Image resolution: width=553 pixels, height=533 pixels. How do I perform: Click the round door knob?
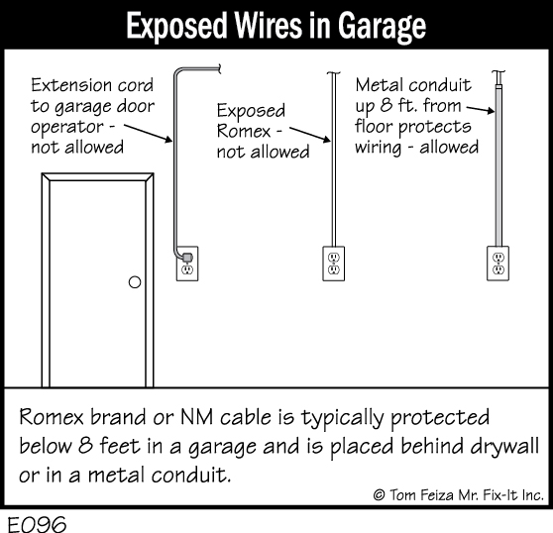point(135,282)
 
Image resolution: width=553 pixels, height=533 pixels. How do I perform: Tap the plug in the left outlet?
point(187,258)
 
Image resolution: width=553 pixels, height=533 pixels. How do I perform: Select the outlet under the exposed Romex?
point(334,264)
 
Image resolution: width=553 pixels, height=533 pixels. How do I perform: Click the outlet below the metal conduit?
point(498,264)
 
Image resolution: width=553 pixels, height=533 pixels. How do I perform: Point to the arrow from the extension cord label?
point(148,133)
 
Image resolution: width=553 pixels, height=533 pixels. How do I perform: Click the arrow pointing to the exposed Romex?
point(310,135)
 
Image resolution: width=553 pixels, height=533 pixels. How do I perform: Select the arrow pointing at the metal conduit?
point(481,109)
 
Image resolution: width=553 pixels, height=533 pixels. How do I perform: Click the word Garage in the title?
point(382,27)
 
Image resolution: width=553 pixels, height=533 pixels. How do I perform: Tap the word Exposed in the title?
point(176,26)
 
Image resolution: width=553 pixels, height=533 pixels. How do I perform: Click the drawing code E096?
point(37,523)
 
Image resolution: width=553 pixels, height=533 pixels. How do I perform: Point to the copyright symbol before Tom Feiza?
point(379,495)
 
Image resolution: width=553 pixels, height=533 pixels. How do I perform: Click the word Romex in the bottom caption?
point(52,417)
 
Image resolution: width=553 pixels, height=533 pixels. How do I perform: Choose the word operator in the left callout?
point(67,128)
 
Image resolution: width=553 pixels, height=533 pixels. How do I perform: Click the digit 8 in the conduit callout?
point(386,105)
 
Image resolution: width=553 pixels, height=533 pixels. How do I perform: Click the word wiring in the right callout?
point(378,148)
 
